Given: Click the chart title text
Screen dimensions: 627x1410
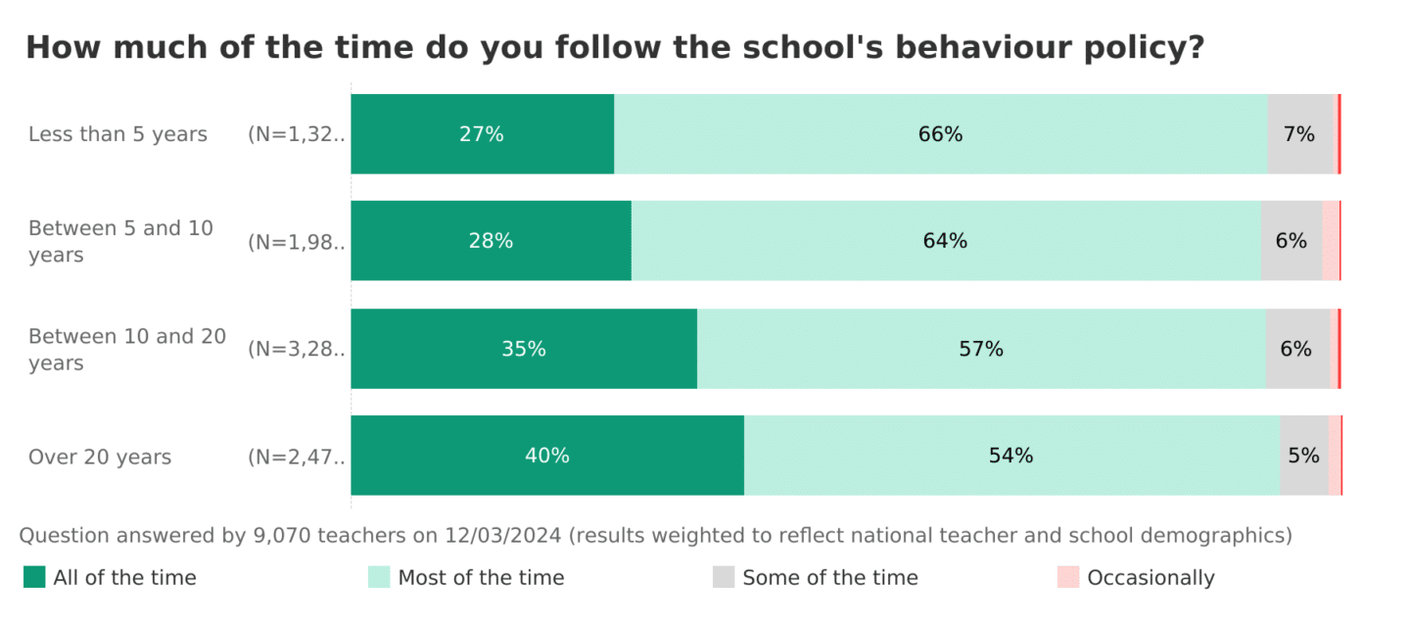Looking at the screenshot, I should (614, 48).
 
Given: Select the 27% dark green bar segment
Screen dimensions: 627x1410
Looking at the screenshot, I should (482, 134).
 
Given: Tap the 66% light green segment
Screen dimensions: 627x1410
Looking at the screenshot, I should (940, 134).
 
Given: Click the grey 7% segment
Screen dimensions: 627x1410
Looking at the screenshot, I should (1300, 134).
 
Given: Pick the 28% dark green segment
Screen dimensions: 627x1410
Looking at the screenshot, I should (491, 241).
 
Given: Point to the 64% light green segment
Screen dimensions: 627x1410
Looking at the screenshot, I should (945, 241).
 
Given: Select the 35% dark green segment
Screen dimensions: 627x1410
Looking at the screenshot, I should (524, 349).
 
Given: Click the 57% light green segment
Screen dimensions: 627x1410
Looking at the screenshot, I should (980, 349).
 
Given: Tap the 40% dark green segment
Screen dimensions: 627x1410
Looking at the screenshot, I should (547, 456).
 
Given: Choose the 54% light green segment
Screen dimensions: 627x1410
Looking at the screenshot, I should (1010, 456).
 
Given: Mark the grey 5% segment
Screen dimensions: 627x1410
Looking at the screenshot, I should (1303, 456).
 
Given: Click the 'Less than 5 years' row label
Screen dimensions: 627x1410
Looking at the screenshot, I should (117, 134).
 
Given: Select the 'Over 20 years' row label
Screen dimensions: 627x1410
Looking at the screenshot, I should (100, 458).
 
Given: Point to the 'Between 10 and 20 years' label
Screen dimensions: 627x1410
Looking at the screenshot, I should (127, 350).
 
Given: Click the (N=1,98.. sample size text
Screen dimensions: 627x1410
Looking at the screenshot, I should (297, 242).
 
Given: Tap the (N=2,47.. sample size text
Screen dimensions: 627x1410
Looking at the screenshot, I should (297, 458).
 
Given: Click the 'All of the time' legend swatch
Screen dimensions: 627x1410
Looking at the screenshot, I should (34, 577).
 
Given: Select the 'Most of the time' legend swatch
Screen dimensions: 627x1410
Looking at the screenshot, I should (379, 577).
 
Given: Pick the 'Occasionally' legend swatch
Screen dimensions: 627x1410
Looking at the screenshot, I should (1068, 577).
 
